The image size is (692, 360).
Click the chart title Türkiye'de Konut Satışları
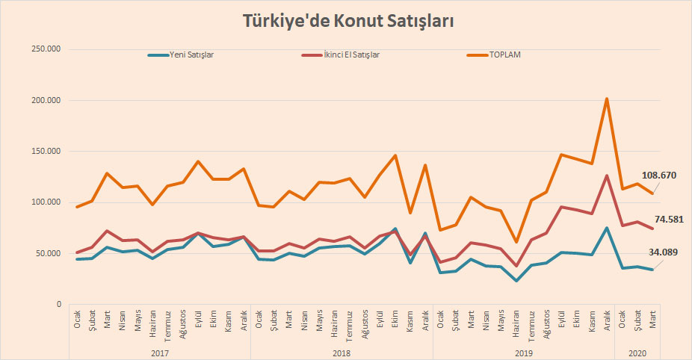348,21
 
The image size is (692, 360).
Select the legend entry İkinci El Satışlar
350,55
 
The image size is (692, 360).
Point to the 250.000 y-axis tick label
46,49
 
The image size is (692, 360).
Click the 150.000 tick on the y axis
46,152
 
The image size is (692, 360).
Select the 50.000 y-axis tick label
48,253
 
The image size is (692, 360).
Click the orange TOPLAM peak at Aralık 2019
607,99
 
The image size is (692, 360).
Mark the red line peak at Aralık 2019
607,176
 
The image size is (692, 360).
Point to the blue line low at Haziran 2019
516,281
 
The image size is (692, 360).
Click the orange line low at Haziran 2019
516,242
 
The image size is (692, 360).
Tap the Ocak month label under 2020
623,321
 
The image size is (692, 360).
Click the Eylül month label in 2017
199,321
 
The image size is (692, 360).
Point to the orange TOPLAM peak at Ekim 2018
395,155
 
